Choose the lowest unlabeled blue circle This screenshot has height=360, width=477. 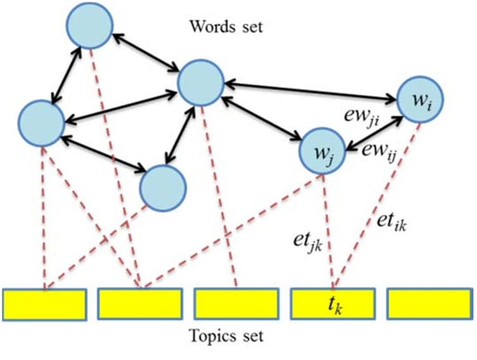pos(162,188)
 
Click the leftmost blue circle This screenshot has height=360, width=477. pos(41,120)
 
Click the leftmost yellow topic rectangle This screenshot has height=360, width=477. pos(44,304)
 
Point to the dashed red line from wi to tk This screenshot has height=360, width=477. pos(377,203)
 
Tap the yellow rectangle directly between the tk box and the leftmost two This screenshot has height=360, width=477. pos(236,304)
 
